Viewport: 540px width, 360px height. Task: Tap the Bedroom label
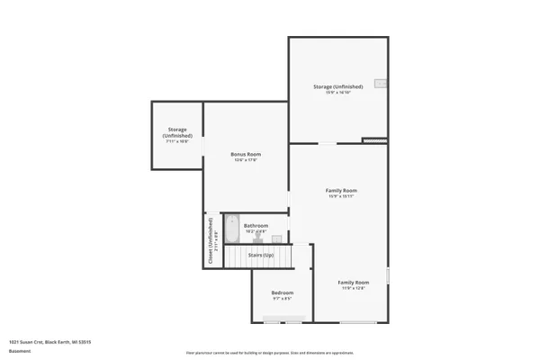point(283,293)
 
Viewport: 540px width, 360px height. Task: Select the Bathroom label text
point(256,225)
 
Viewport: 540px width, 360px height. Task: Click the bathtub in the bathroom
point(230,231)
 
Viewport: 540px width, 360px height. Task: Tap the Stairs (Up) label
point(262,255)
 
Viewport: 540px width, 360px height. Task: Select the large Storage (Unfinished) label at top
point(337,86)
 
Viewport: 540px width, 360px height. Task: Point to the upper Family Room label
point(341,191)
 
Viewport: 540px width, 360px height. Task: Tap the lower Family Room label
point(354,283)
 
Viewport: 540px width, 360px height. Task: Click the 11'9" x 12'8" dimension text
point(354,289)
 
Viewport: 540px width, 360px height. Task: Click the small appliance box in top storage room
point(382,85)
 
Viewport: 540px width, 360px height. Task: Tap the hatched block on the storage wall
point(373,140)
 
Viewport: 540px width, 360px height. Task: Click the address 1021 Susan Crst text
point(50,342)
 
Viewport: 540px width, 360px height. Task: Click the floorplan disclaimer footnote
point(269,352)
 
